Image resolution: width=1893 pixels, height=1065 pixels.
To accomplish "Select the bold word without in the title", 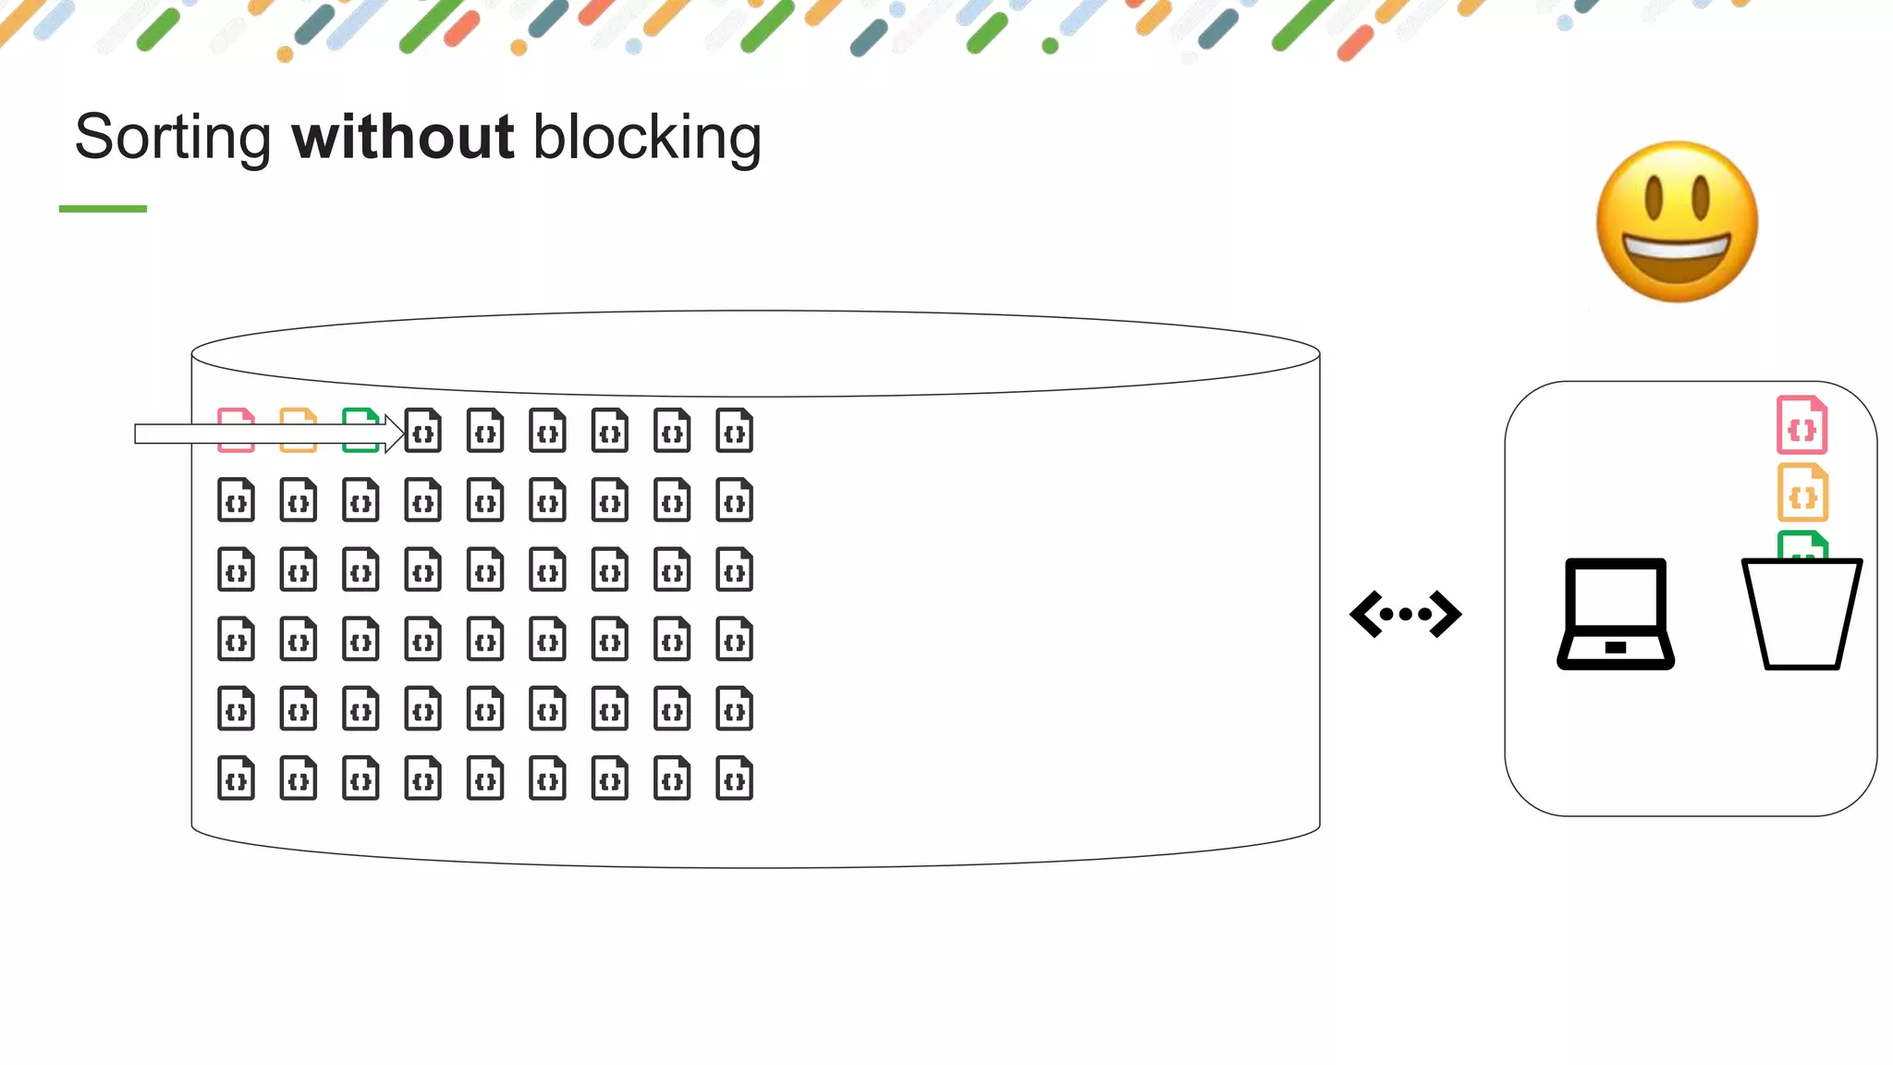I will pos(402,137).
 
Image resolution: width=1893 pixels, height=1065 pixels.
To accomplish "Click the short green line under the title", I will pos(103,209).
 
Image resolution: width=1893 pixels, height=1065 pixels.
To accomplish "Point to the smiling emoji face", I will pos(1677,222).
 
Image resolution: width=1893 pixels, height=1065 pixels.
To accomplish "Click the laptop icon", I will pos(1616,613).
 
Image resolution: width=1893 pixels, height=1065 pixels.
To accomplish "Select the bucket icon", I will pos(1801,614).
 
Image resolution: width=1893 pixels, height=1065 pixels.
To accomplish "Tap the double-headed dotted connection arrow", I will pos(1405,614).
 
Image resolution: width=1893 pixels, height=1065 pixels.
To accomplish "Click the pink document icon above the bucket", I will pos(1801,425).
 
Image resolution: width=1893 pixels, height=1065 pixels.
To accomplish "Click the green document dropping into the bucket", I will pos(1802,545).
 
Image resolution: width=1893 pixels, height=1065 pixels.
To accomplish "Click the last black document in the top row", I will pos(734,431).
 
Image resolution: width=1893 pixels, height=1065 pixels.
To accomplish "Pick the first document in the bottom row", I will pos(236,778).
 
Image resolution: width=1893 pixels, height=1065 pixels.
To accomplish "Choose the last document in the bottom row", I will pos(734,778).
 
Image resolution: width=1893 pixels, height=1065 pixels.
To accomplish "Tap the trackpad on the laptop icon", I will pos(1615,647).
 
